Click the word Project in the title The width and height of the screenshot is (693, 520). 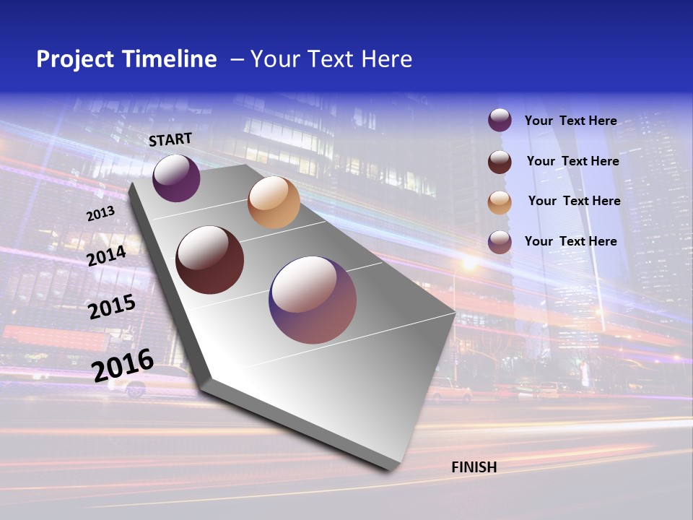point(74,59)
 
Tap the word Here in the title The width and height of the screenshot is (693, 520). point(386,59)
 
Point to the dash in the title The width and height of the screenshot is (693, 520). point(237,59)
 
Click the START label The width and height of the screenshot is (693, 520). point(170,139)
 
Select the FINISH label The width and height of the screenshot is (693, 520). point(474,467)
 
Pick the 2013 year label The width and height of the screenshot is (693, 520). point(100,214)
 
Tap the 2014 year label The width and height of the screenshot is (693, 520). point(106,256)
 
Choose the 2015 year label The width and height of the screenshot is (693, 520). point(112,307)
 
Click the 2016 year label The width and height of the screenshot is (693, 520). point(123,365)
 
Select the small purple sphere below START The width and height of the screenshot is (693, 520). point(176,178)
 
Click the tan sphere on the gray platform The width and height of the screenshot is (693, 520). point(274,202)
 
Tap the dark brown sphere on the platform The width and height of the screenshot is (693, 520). point(210,260)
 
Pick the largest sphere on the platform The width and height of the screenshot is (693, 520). point(313,300)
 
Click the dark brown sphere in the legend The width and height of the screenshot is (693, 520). point(500,162)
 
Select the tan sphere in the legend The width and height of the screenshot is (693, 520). point(500,202)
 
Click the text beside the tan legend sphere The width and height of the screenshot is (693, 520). point(574,201)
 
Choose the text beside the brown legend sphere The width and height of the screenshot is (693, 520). point(572,161)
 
